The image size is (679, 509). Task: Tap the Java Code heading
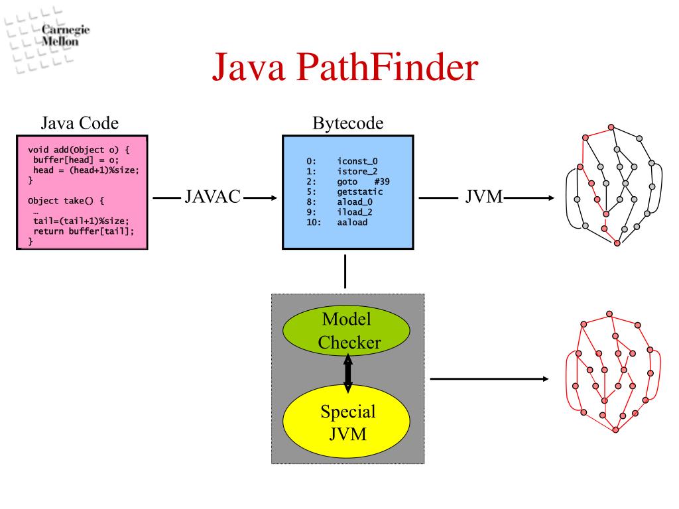[80, 123]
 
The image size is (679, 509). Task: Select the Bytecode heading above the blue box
[347, 123]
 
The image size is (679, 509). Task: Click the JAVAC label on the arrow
[212, 197]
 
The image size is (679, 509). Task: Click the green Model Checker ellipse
[347, 330]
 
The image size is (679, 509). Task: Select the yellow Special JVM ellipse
[347, 422]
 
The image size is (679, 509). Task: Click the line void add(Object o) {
[79, 150]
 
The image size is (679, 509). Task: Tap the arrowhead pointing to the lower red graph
[545, 379]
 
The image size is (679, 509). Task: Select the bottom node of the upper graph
[617, 243]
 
